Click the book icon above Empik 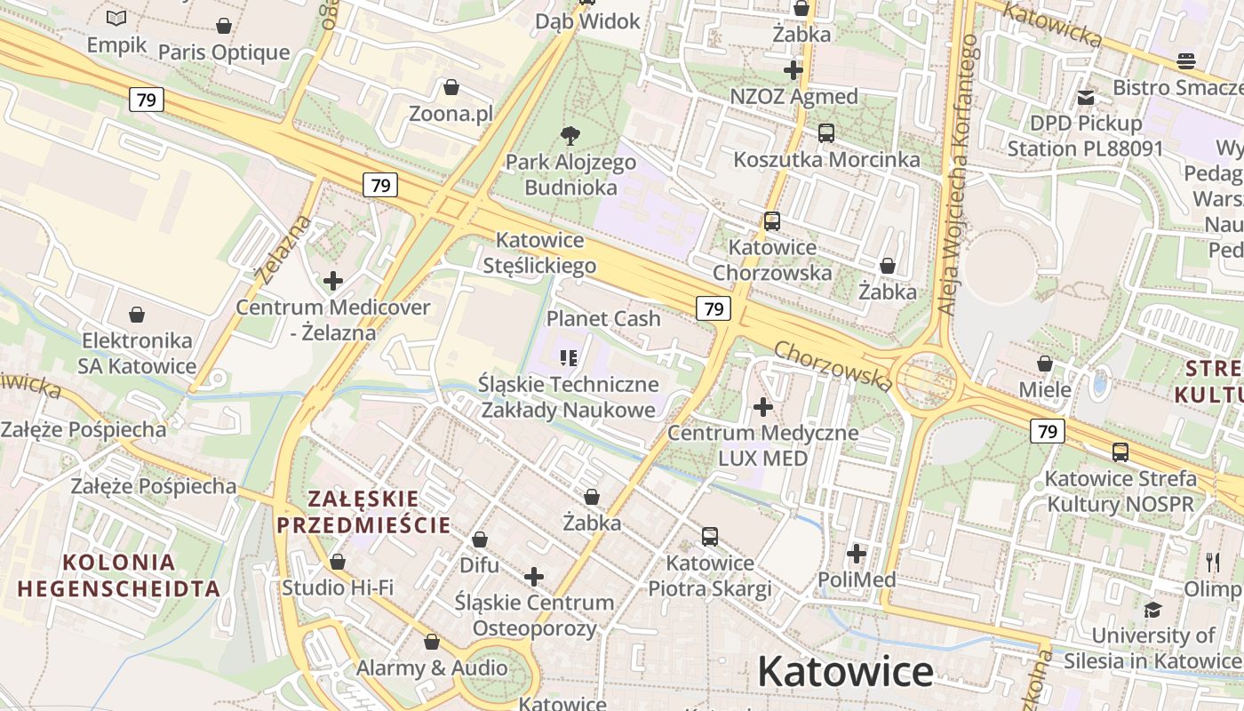pyautogui.click(x=116, y=18)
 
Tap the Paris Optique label pyautogui.click(x=224, y=52)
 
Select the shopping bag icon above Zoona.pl pyautogui.click(x=451, y=87)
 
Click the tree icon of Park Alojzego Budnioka pyautogui.click(x=570, y=135)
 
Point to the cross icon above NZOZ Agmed pyautogui.click(x=793, y=69)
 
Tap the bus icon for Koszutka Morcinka pyautogui.click(x=826, y=133)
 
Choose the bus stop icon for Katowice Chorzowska pyautogui.click(x=772, y=221)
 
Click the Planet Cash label pyautogui.click(x=603, y=318)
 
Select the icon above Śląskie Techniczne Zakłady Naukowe pyautogui.click(x=569, y=358)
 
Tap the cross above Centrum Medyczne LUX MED pyautogui.click(x=763, y=407)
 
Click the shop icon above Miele pyautogui.click(x=1045, y=363)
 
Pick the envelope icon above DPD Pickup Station pyautogui.click(x=1086, y=97)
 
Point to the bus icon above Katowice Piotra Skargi pyautogui.click(x=710, y=537)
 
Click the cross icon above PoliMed pyautogui.click(x=857, y=554)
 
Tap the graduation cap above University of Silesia pyautogui.click(x=1152, y=610)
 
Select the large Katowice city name pyautogui.click(x=845, y=672)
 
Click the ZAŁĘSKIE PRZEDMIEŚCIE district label pyautogui.click(x=363, y=511)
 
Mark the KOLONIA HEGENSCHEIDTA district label pyautogui.click(x=118, y=575)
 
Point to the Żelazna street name pyautogui.click(x=283, y=249)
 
